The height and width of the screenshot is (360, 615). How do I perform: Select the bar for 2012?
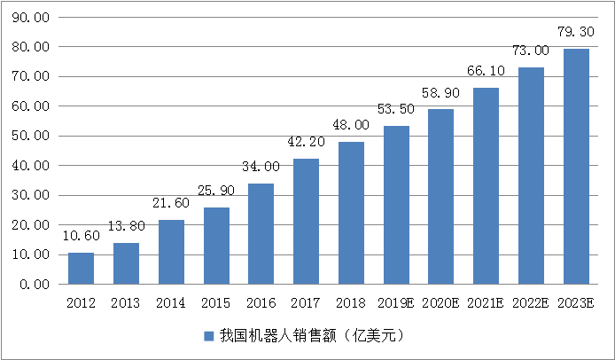coord(81,268)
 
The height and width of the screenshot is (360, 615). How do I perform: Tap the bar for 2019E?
coord(396,204)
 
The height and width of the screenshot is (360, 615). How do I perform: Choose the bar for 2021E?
coord(486,185)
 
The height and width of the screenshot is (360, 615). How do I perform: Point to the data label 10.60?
coord(81,237)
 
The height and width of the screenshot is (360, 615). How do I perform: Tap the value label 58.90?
coord(441,93)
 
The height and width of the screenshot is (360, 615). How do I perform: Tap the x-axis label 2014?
coord(171,303)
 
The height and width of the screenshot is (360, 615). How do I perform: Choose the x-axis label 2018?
coord(351,303)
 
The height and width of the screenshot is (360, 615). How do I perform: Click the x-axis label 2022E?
coord(531,303)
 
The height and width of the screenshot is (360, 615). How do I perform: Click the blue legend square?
coord(209,336)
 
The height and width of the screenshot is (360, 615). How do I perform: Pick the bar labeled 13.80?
coord(126,262)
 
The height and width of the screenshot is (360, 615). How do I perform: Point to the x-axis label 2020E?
coord(441,303)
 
